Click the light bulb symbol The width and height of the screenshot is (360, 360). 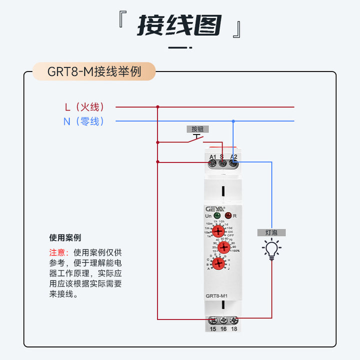click(271, 248)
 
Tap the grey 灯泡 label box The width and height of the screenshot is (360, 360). click(271, 232)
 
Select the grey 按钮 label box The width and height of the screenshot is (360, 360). click(197, 129)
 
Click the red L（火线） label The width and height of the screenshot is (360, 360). click(84, 106)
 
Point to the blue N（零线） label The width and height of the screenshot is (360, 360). click(84, 121)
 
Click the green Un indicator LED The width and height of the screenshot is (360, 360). click(217, 216)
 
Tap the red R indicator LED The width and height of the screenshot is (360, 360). click(228, 216)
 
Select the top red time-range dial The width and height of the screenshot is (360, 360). click(218, 231)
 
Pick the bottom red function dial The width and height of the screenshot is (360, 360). click(218, 263)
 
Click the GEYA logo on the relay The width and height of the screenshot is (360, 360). click(215, 208)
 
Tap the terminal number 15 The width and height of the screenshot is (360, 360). click(212, 329)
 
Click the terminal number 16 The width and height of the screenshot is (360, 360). click(223, 329)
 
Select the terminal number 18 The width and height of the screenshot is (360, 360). click(233, 329)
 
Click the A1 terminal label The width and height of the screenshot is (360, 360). click(212, 157)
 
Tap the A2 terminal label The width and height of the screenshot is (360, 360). click(233, 157)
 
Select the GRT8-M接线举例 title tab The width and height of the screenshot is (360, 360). click(94, 71)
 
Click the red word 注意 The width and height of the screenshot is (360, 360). click(56, 252)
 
